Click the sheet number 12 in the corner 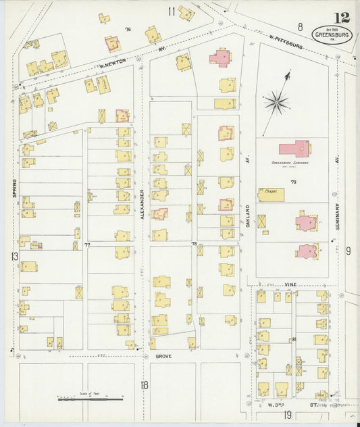coord(342,18)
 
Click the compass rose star coord(276,103)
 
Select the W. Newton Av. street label coord(115,66)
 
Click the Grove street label coord(163,355)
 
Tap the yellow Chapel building coord(270,195)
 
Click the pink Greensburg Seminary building coord(294,148)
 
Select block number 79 coord(293,182)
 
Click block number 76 coord(127,30)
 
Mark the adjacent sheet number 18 coord(144,384)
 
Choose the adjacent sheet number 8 coord(300,26)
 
